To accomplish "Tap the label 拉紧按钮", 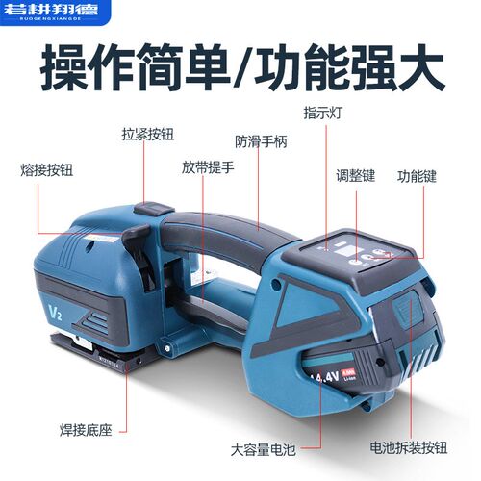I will (x=149, y=135).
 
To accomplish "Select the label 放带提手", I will (x=207, y=165).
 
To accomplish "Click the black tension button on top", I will (x=152, y=208).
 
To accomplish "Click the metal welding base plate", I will (x=91, y=348).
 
